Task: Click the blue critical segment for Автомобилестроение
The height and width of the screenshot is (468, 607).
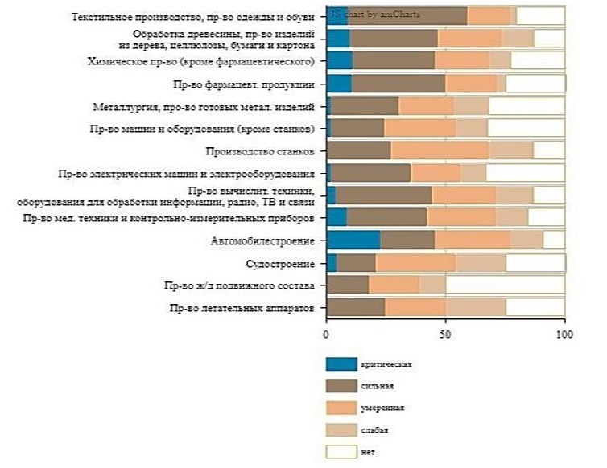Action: pos(353,239)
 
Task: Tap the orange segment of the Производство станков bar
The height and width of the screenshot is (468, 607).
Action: pos(440,150)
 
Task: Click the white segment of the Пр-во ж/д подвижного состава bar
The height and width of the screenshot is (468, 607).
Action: pos(505,285)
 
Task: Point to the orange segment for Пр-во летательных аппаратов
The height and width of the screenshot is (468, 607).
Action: pos(415,306)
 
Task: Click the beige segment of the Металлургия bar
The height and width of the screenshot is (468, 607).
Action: pos(471,105)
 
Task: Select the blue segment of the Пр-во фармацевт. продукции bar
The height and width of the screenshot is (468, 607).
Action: pos(339,83)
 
